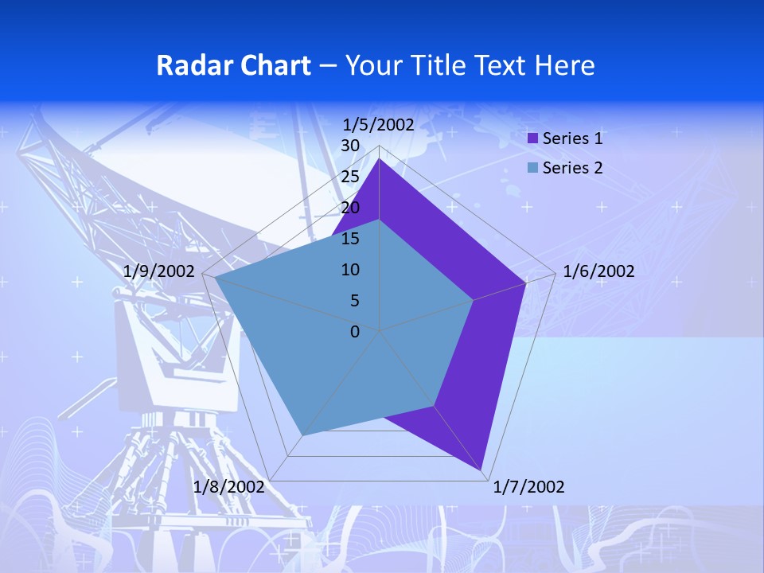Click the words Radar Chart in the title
(x=233, y=65)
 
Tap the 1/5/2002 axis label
(x=379, y=124)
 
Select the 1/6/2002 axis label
(x=598, y=271)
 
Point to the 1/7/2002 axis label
(x=528, y=486)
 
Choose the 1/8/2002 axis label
(x=229, y=486)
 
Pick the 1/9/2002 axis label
(x=159, y=271)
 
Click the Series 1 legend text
(x=572, y=138)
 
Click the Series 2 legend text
(x=572, y=168)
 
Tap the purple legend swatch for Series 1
(x=533, y=138)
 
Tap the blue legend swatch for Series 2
(x=533, y=168)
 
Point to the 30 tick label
(x=350, y=146)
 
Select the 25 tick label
(x=350, y=177)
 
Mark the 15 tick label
(x=350, y=239)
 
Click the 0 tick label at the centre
(x=355, y=332)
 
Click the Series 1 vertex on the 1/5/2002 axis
(x=380, y=158)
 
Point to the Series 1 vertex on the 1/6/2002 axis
(x=525, y=283)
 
